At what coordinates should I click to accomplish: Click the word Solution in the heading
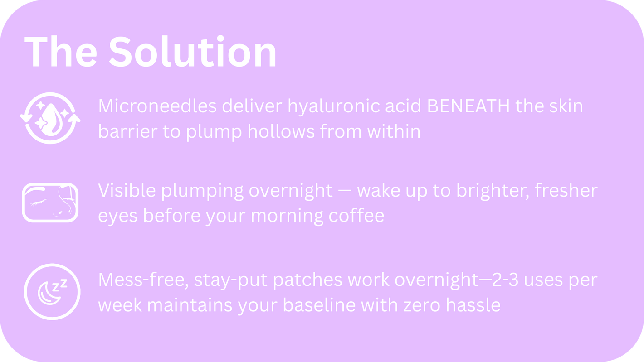pyautogui.click(x=193, y=52)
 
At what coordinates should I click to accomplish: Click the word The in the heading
pyautogui.click(x=61, y=52)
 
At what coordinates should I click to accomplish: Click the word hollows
pyautogui.click(x=281, y=131)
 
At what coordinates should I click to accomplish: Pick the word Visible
pyautogui.click(x=127, y=190)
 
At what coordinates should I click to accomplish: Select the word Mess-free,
pyautogui.click(x=143, y=280)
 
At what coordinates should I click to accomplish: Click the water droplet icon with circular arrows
pyautogui.click(x=50, y=118)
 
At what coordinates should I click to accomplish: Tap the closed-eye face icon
pyautogui.click(x=50, y=203)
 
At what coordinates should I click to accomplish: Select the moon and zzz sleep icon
pyautogui.click(x=52, y=292)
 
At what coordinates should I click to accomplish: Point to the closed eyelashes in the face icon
pyautogui.click(x=38, y=202)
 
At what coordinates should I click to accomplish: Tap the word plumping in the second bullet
pyautogui.click(x=202, y=191)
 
